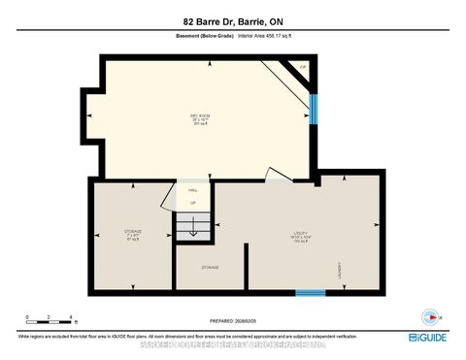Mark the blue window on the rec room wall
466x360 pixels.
[x=312, y=108]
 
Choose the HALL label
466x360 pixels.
[x=192, y=191]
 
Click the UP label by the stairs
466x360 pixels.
[x=192, y=203]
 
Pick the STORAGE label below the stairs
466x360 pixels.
[x=210, y=267]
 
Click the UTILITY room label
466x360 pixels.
[x=302, y=233]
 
